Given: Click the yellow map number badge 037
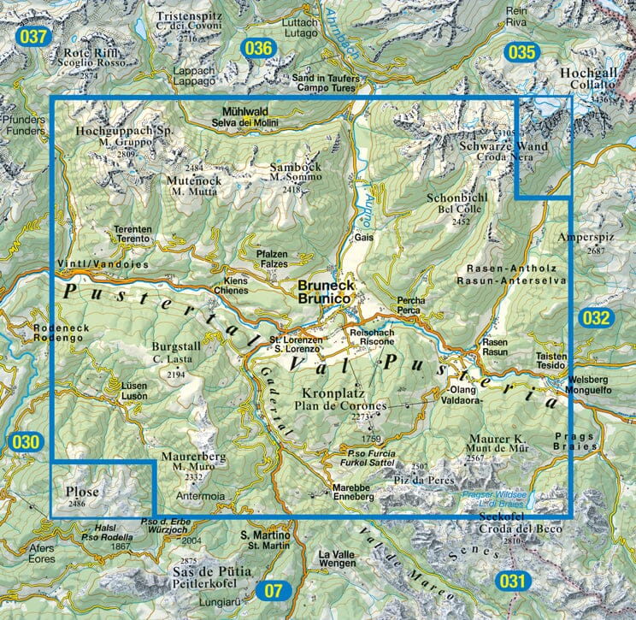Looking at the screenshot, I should click(x=34, y=37).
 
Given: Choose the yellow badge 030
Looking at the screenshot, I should click(x=26, y=441).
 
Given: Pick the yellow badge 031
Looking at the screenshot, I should click(x=510, y=582).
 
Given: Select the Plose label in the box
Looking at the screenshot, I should click(x=82, y=492).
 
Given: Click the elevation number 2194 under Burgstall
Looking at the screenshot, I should click(x=175, y=374).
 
